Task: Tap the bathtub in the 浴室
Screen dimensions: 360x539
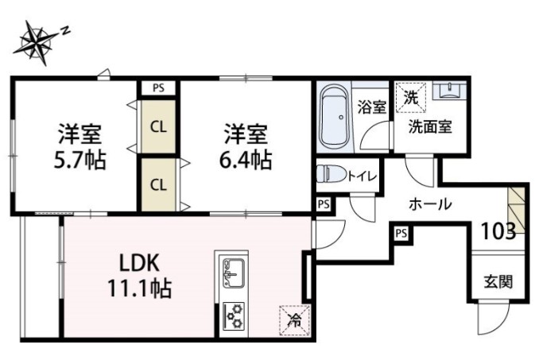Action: click(334, 119)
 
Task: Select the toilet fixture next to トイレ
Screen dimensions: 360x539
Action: click(328, 173)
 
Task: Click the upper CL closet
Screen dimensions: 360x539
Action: click(159, 126)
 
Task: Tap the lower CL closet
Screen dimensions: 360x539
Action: click(159, 184)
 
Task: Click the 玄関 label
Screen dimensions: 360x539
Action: click(498, 281)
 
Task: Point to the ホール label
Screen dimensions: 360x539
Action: click(430, 203)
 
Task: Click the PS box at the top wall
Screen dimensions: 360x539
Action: click(159, 88)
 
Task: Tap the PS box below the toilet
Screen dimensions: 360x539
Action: click(323, 204)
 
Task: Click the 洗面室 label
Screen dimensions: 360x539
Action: click(431, 126)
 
